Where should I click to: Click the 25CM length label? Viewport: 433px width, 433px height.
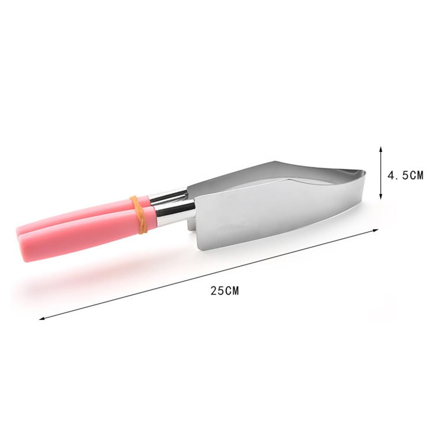pos(225,291)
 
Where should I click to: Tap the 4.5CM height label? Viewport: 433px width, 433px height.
pos(405,175)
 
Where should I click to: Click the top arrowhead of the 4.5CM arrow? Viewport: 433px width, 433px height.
pos(381,148)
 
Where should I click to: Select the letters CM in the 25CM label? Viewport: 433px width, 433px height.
pos(231,291)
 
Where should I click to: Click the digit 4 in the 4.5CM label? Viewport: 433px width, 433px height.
pos(391,175)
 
